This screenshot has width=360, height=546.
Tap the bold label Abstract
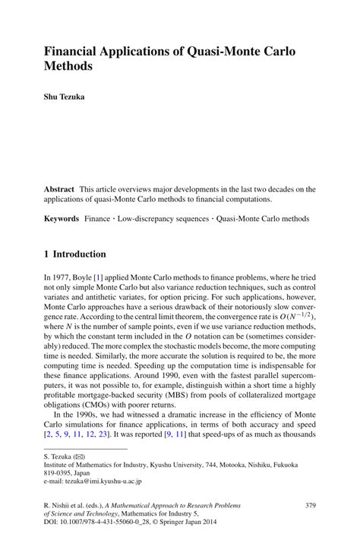58,188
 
